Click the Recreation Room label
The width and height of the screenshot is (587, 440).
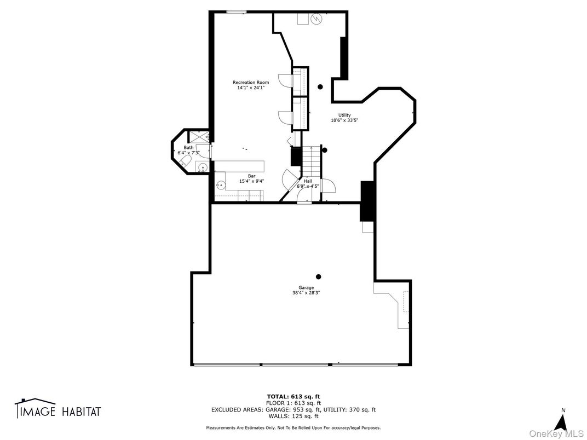click(x=250, y=82)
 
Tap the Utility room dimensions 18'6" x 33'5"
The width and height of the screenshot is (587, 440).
click(x=344, y=120)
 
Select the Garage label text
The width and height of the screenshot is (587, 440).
click(x=306, y=287)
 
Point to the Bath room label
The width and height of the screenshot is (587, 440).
click(x=188, y=147)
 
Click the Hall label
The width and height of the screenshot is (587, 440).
click(x=307, y=181)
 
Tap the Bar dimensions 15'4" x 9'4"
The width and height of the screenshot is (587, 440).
click(x=251, y=181)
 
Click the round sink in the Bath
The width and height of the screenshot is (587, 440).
click(x=202, y=167)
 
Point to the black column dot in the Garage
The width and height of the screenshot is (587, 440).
click(x=318, y=276)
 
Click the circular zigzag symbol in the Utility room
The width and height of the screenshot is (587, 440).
click(x=316, y=19)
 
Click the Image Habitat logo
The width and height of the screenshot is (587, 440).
click(x=57, y=409)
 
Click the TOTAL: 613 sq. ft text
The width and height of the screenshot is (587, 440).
click(x=293, y=396)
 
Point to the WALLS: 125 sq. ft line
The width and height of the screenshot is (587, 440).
click(x=293, y=416)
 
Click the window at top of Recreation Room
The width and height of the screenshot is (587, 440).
click(x=237, y=11)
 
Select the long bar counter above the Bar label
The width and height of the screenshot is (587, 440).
click(x=239, y=166)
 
